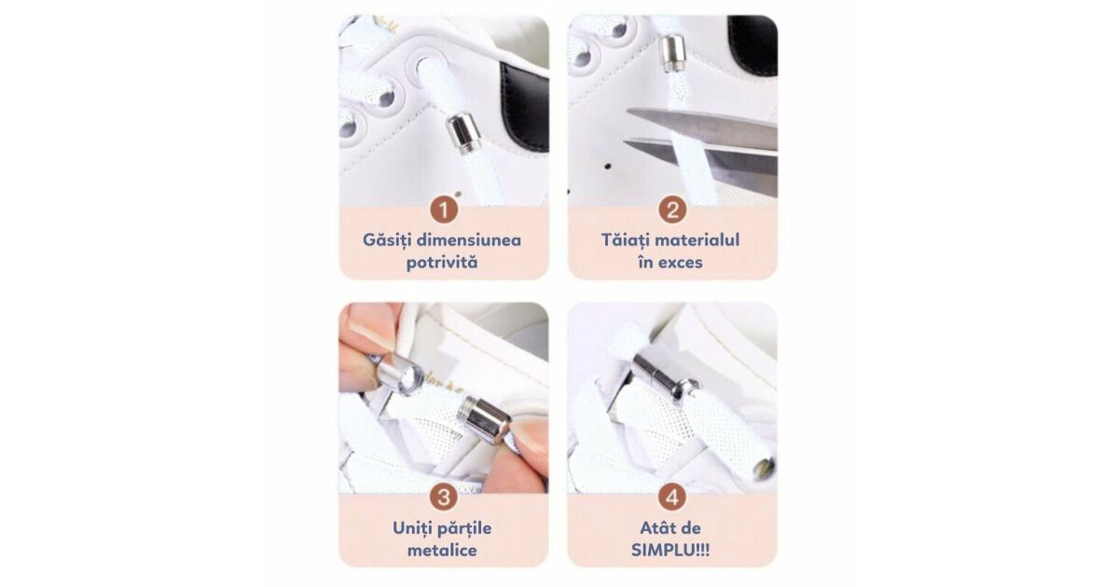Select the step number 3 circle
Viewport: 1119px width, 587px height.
[444, 498]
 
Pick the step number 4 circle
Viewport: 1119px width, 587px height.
[672, 498]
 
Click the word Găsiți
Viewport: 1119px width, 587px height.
[387, 240]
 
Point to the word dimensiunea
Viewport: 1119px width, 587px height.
[470, 240]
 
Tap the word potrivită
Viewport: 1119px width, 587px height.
[442, 263]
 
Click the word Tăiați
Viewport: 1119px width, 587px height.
[626, 240]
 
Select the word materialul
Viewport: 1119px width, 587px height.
[698, 240]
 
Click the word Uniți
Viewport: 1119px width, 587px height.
[409, 528]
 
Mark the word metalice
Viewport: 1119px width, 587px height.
[442, 551]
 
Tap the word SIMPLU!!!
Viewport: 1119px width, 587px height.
[670, 551]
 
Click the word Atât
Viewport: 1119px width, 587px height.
[656, 528]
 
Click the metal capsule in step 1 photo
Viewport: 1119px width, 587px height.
[464, 135]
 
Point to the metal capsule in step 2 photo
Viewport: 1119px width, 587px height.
[673, 53]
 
